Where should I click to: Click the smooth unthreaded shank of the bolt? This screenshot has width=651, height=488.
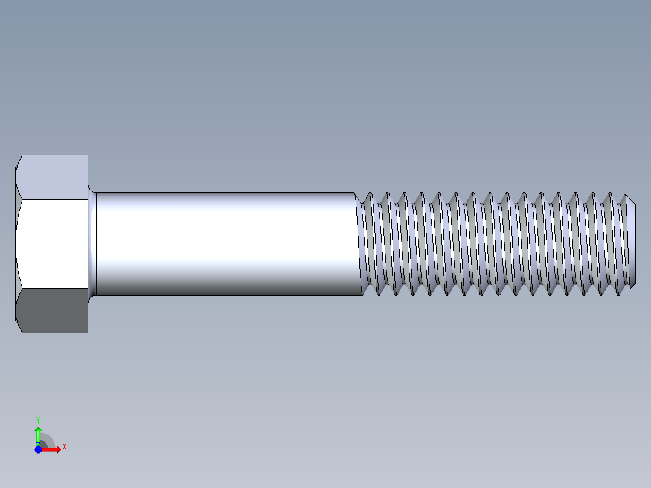223,242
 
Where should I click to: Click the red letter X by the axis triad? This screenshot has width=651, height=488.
65,446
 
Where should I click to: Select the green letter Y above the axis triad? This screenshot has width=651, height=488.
37,419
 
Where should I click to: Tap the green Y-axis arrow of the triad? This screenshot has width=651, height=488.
38,434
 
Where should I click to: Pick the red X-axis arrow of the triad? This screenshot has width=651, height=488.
53,449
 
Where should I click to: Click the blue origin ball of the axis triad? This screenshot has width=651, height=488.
38,449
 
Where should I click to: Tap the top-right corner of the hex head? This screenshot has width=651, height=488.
88,155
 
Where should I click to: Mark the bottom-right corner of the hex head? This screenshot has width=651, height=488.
88,332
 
